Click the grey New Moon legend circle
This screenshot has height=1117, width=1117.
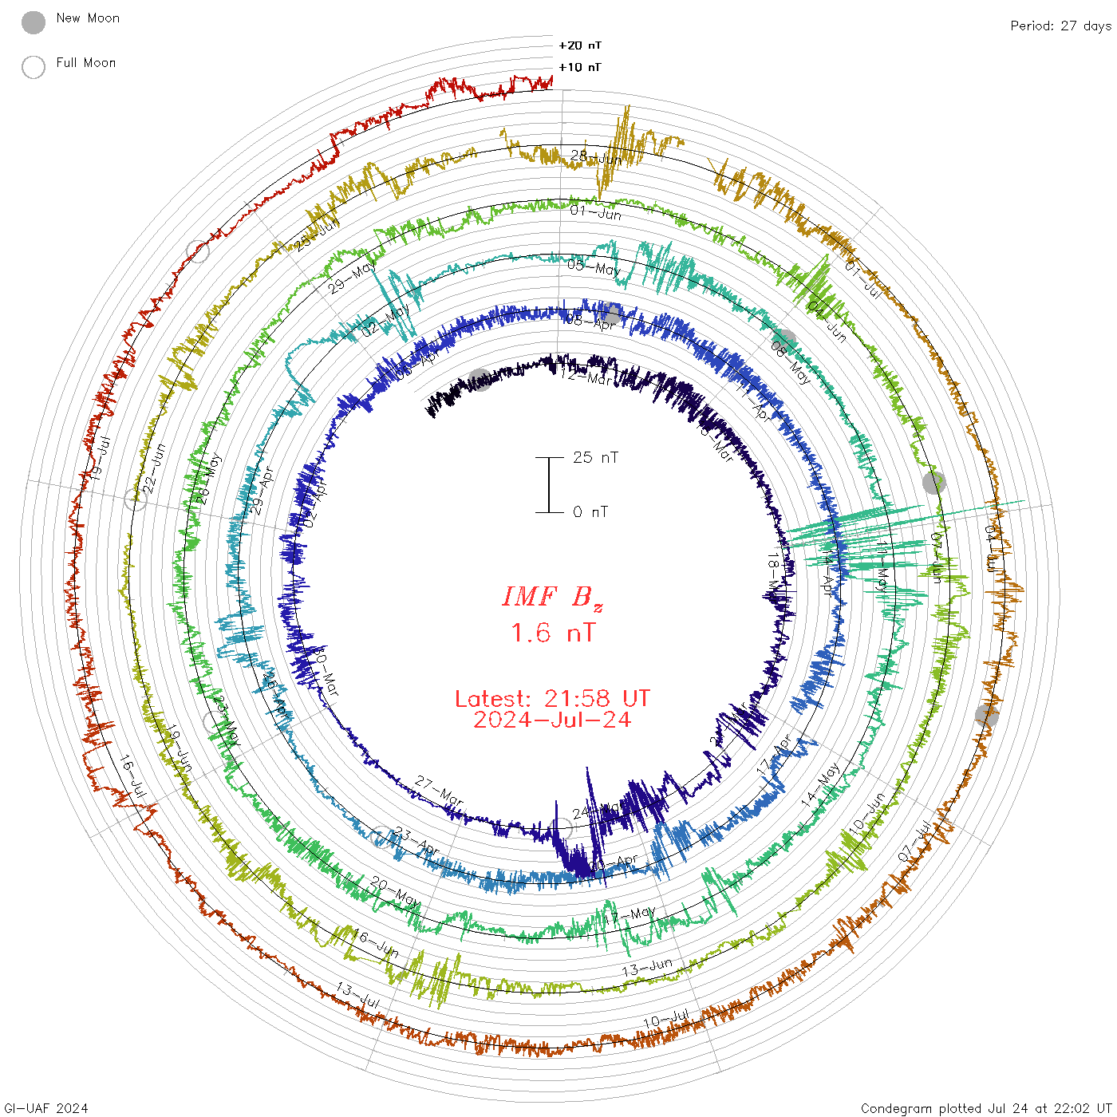click(34, 22)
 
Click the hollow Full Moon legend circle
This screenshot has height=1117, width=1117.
click(34, 67)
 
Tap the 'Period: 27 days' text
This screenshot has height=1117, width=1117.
click(1060, 26)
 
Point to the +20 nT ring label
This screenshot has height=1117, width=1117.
click(580, 45)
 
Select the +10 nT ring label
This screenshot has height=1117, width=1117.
click(580, 67)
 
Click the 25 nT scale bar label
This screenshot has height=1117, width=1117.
click(595, 457)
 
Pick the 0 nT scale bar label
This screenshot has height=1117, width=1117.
click(590, 511)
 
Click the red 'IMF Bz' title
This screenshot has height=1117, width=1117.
click(552, 597)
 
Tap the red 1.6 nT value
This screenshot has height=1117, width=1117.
click(552, 633)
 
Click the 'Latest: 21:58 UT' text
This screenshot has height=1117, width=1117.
click(552, 699)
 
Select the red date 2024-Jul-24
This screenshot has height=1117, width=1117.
click(552, 720)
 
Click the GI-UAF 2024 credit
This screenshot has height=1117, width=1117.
click(45, 1107)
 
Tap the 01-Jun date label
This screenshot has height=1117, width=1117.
click(596, 212)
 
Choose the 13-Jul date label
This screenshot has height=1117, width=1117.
click(358, 996)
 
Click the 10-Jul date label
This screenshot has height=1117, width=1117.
click(666, 1019)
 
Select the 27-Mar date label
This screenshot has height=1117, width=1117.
click(439, 791)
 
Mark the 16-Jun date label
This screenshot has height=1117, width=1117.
click(376, 943)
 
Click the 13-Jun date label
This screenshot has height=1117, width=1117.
click(647, 968)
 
